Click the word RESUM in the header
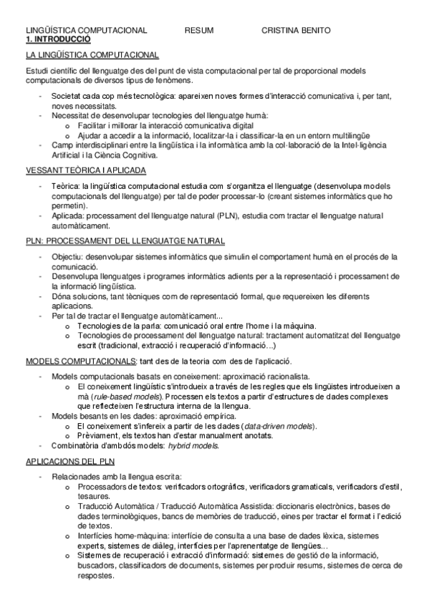[198, 31]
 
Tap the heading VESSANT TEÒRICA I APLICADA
[85, 170]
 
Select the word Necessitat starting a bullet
[74, 115]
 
